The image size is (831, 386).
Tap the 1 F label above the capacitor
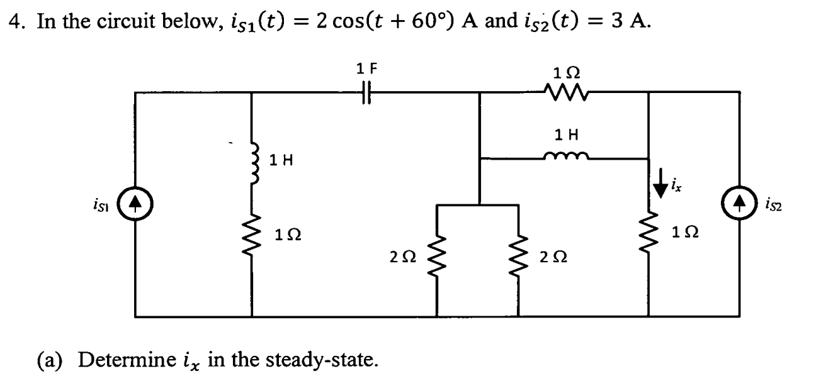[x=365, y=68]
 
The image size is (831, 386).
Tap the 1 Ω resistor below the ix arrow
[x=648, y=237]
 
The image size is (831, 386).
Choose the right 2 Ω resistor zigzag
[x=519, y=258]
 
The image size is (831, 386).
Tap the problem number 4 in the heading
[x=13, y=24]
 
